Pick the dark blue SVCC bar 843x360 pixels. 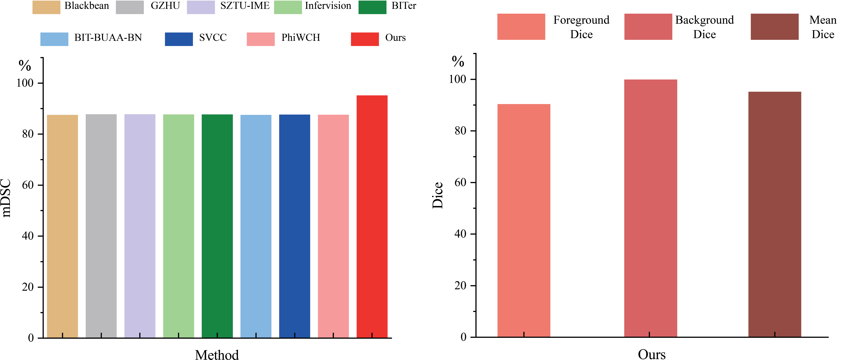[x=295, y=226]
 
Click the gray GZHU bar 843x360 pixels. [x=101, y=226]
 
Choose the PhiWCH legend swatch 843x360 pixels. [x=261, y=39]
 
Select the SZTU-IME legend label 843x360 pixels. [x=245, y=6]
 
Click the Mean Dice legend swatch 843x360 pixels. [x=774, y=27]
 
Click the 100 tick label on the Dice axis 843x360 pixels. [x=457, y=79]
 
